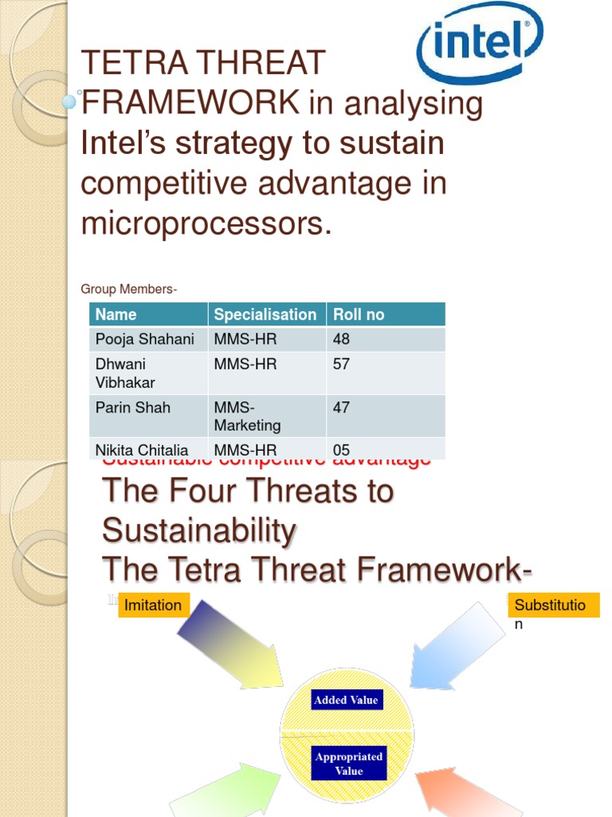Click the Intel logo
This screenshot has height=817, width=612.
[x=480, y=43]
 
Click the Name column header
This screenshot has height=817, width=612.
[x=116, y=314]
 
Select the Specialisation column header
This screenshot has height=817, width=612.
[x=265, y=314]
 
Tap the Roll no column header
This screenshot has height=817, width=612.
[x=359, y=314]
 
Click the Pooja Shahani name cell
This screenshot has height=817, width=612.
[x=145, y=339]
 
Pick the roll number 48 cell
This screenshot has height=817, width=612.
[x=342, y=339]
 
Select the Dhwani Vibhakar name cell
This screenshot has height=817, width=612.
[x=126, y=373]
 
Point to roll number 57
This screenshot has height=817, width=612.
[x=342, y=365]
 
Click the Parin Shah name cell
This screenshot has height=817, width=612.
[x=133, y=408]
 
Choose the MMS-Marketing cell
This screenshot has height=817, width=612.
[x=247, y=416]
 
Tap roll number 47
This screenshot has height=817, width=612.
[x=342, y=408]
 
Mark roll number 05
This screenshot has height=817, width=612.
[x=342, y=450]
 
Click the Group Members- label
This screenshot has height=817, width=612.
[x=129, y=289]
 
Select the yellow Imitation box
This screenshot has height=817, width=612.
[x=154, y=606]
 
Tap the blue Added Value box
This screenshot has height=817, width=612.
[x=346, y=701]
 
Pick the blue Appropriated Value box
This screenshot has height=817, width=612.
[x=349, y=764]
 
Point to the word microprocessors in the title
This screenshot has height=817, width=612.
[x=206, y=224]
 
